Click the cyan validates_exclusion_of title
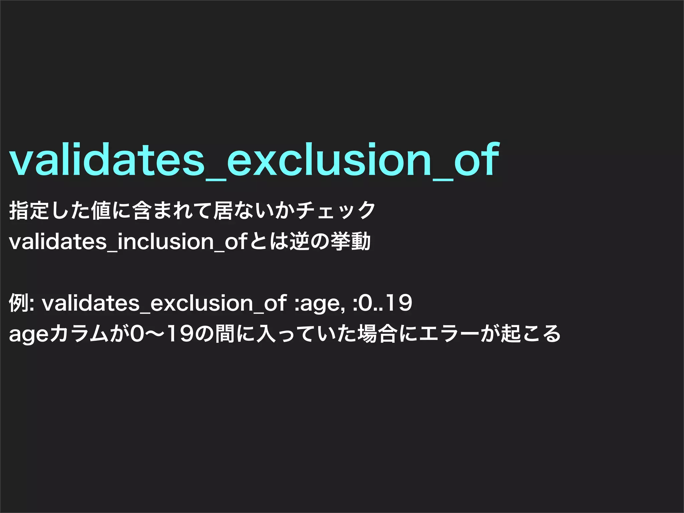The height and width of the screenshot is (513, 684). tap(254, 160)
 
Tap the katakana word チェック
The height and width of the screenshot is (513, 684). tap(336, 210)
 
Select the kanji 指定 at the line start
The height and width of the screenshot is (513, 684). tap(29, 210)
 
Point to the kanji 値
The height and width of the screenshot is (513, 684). tap(101, 210)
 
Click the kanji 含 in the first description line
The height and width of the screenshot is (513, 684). tap(142, 210)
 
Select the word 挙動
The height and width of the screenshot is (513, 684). tap(350, 241)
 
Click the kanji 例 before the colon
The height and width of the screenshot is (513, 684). tap(18, 303)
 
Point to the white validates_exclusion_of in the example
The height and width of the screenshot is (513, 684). tap(164, 303)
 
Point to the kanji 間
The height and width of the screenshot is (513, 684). tap(225, 334)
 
